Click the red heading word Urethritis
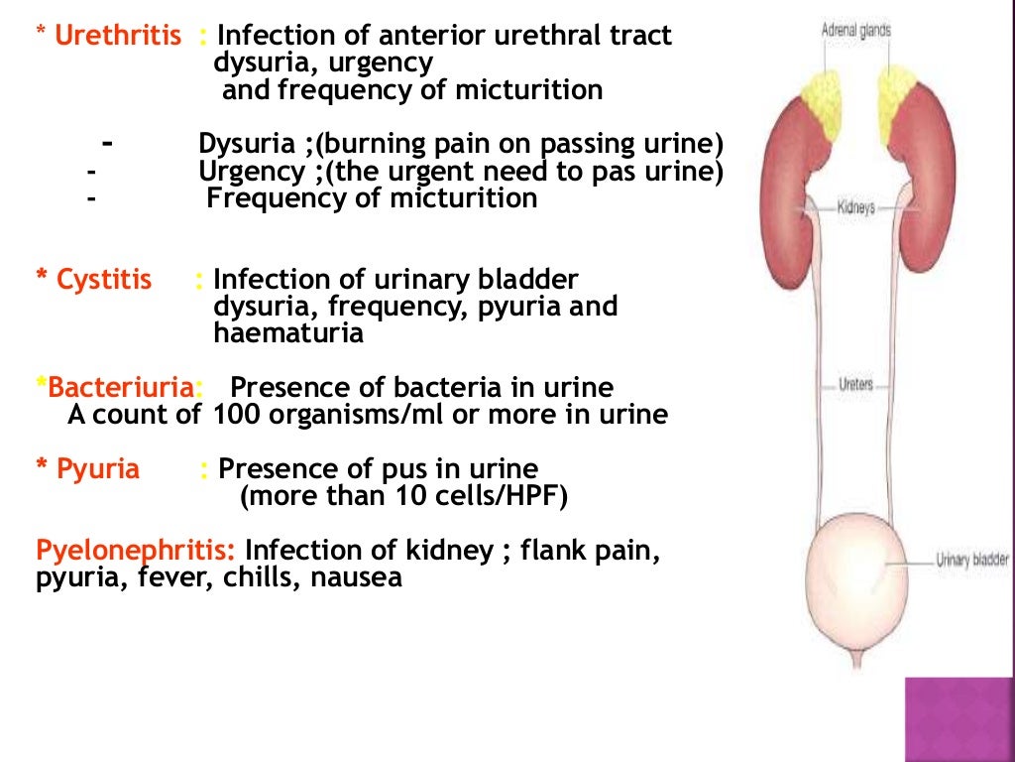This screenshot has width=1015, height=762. (118, 37)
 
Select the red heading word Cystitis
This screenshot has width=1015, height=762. (104, 281)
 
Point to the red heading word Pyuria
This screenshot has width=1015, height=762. (97, 468)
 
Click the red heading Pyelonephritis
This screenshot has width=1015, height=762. (136, 550)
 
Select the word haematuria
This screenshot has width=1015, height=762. (288, 334)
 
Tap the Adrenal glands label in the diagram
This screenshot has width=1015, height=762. (855, 31)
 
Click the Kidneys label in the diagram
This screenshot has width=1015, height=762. (855, 209)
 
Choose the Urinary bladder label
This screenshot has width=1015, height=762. (972, 561)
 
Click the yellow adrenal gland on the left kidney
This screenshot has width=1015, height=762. (821, 93)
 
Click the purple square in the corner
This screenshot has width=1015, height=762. (959, 719)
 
